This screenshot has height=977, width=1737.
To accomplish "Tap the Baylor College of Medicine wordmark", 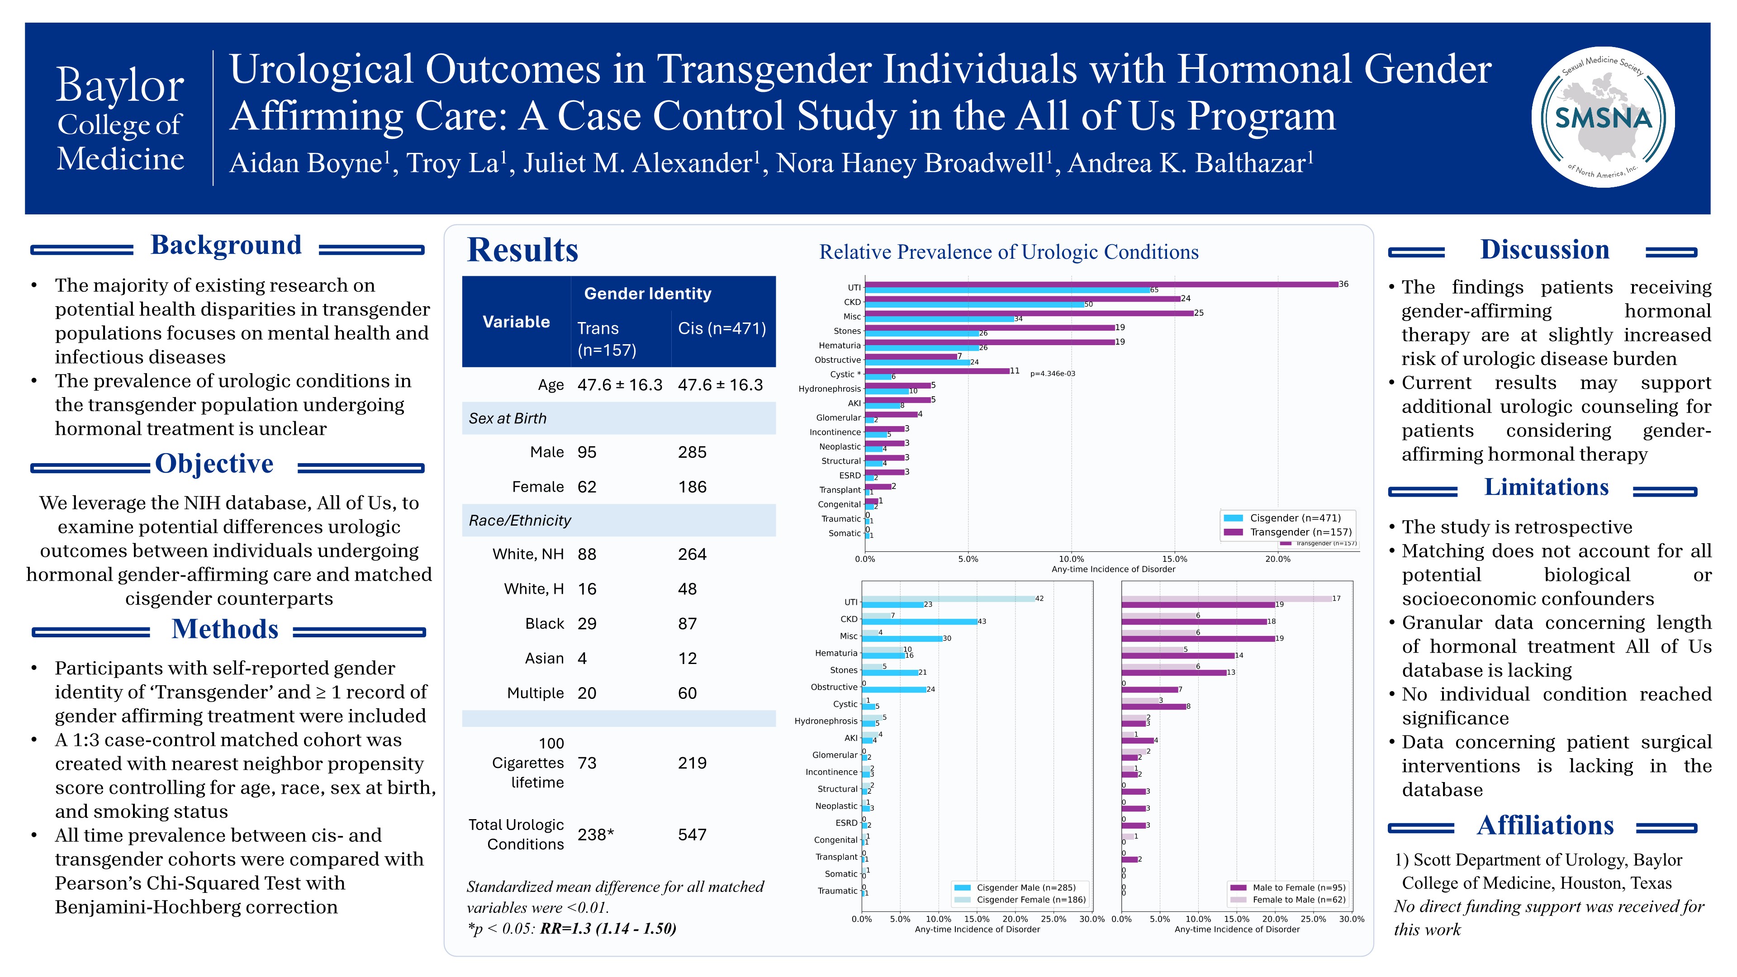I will [x=120, y=120].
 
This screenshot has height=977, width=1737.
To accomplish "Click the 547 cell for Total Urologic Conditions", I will [x=692, y=835].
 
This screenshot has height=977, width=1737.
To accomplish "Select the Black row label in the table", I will [x=544, y=624].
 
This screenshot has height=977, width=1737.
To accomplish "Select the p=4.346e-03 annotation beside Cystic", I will [x=1053, y=374].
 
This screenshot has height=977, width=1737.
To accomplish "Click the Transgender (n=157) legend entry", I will [x=1300, y=532].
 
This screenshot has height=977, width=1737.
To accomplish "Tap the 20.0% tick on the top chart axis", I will [x=1277, y=559].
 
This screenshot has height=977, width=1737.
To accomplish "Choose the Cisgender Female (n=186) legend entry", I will [x=1031, y=900].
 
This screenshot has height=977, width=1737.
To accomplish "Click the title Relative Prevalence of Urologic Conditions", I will [x=1009, y=252].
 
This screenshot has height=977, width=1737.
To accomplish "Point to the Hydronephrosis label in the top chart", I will [x=830, y=389].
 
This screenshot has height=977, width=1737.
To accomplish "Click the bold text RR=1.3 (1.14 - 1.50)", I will [x=608, y=929].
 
